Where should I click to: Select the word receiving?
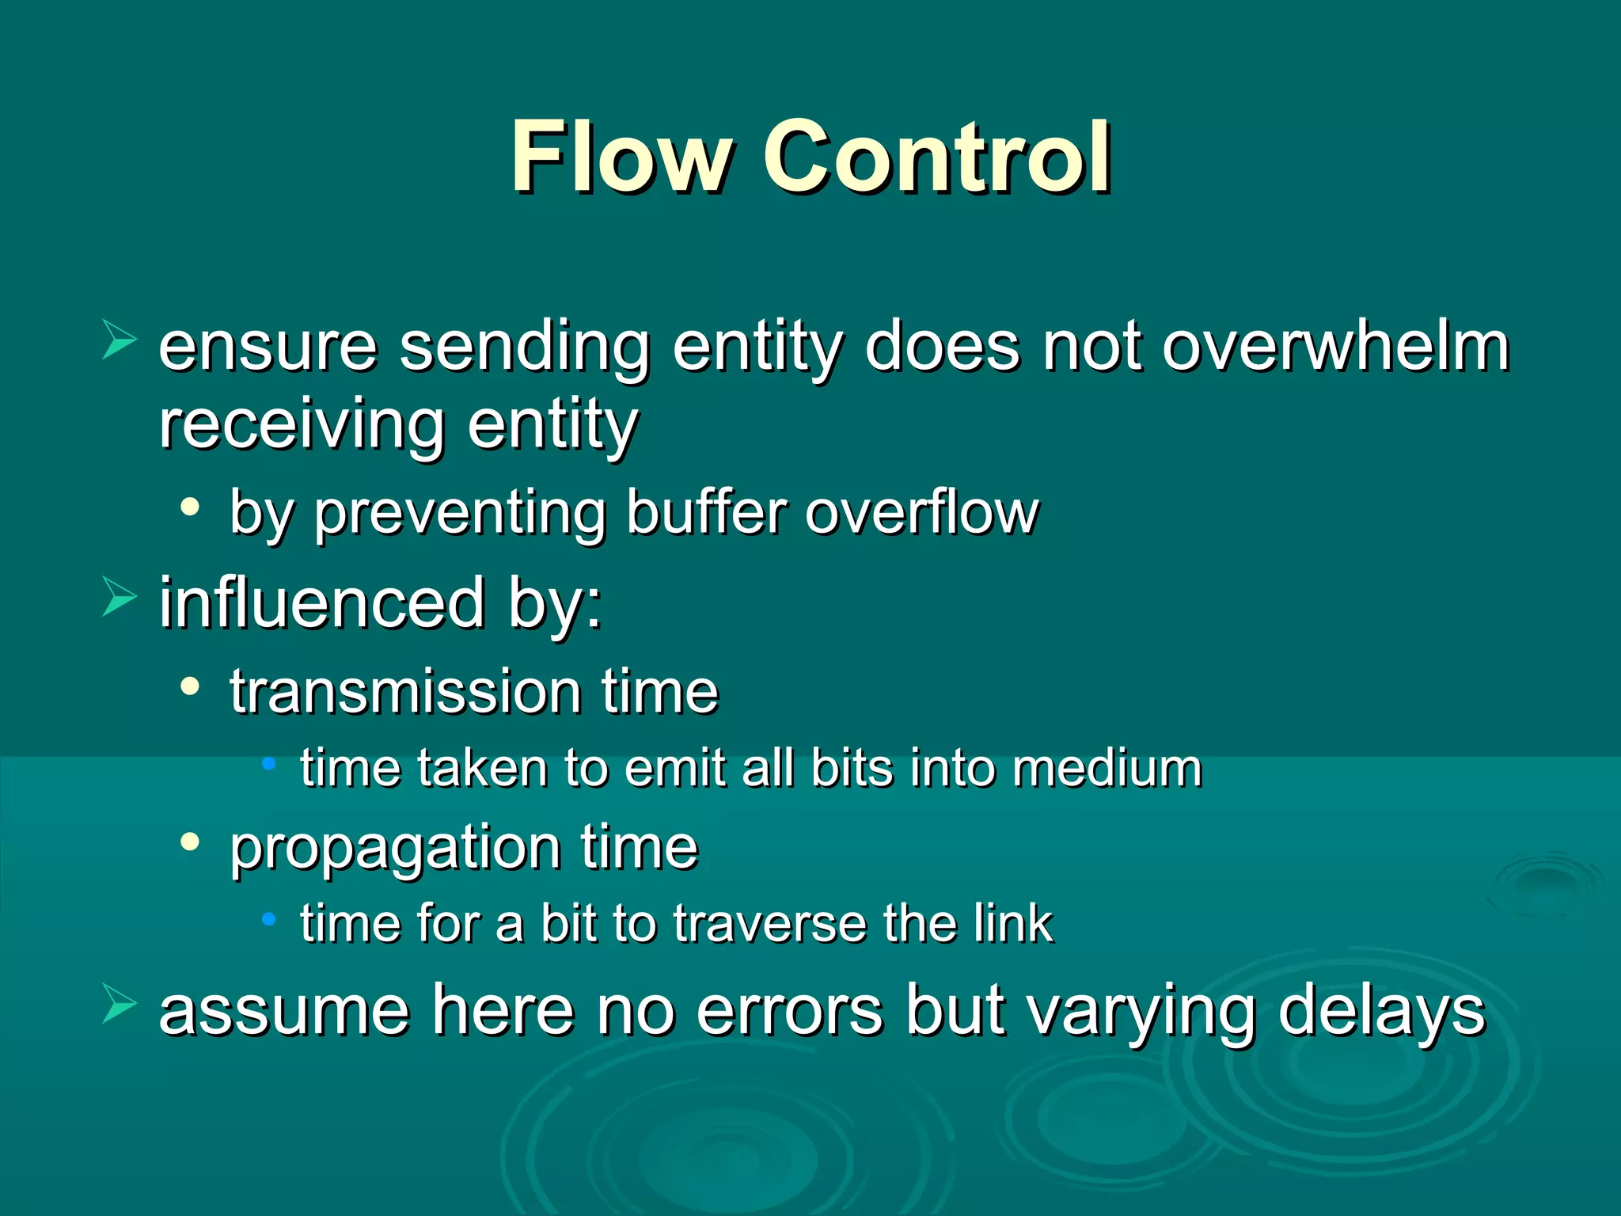point(301,425)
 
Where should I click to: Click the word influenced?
point(321,603)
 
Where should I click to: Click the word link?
point(1013,924)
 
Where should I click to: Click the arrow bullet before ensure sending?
point(119,342)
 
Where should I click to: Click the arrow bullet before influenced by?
point(119,597)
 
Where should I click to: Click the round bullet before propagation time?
point(189,842)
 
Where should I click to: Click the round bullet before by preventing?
point(189,507)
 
